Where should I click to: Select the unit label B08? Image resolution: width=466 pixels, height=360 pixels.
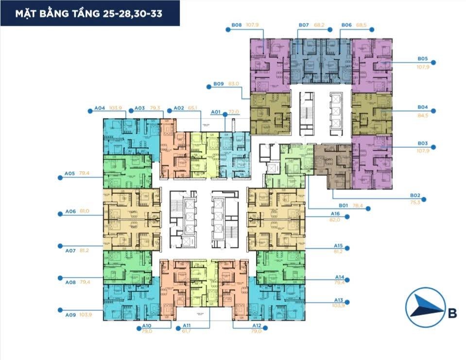[x=237, y=25]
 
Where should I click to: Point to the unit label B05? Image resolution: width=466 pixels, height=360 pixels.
[x=422, y=59]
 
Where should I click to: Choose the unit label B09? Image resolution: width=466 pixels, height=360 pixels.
[x=218, y=84]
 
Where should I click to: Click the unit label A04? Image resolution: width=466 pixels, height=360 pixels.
[x=100, y=108]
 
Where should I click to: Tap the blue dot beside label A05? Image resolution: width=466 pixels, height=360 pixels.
[x=60, y=178]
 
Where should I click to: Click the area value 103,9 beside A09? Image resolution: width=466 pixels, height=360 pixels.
[x=85, y=314]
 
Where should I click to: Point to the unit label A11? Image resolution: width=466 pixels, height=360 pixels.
[x=186, y=326]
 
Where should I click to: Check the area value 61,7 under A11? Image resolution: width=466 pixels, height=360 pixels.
[x=186, y=331]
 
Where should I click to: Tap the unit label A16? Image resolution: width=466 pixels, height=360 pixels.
[x=335, y=214]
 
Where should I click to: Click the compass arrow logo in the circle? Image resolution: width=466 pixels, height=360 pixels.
[x=424, y=309]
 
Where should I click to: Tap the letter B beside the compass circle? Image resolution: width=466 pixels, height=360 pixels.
[x=452, y=313]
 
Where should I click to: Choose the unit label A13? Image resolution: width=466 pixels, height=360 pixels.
[x=339, y=300]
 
